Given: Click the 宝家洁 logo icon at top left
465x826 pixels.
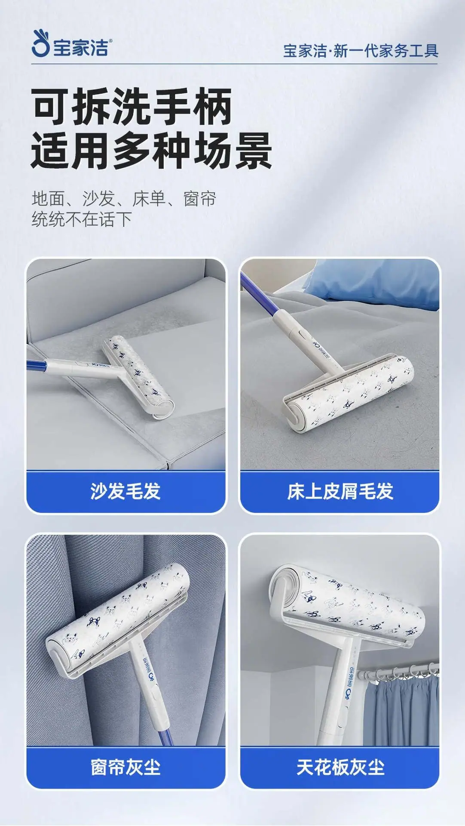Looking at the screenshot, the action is click(x=41, y=44).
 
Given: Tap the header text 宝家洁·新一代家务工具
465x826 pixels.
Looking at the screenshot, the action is click(x=361, y=51).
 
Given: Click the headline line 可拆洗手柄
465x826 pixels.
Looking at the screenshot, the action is click(x=132, y=106).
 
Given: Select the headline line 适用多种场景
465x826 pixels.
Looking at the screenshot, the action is click(x=151, y=151).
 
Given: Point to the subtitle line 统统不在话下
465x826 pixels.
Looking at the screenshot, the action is click(x=82, y=219).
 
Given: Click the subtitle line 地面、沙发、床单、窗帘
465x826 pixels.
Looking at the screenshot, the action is click(x=124, y=199).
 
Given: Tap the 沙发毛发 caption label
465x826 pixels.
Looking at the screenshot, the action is click(x=125, y=491).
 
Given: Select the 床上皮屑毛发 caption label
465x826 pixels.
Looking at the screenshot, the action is click(x=340, y=491).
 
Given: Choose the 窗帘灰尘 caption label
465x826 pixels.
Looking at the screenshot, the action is click(x=125, y=767).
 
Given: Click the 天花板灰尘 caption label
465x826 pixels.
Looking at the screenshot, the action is click(x=340, y=767).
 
